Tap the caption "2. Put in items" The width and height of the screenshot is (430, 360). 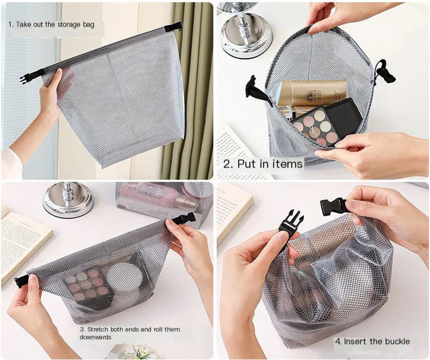pyautogui.click(x=263, y=164)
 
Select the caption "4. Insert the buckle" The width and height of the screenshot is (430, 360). pyautogui.click(x=372, y=341)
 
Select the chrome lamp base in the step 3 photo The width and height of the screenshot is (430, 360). pyautogui.click(x=68, y=200)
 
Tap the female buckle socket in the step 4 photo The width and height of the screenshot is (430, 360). pyautogui.click(x=334, y=206)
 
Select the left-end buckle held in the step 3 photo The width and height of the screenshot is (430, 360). pyautogui.click(x=21, y=281)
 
